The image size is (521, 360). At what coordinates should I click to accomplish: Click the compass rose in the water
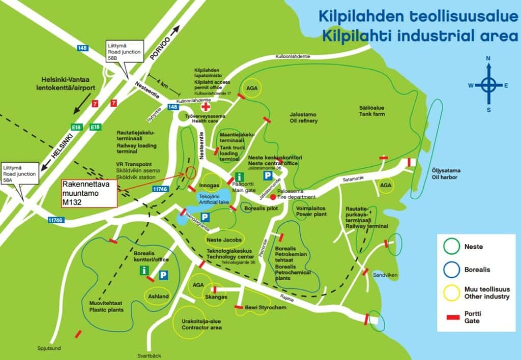[x=488, y=85]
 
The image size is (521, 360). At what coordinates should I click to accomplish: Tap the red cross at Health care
[x=206, y=107]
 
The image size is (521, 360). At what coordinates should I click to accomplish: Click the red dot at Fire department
[x=273, y=197]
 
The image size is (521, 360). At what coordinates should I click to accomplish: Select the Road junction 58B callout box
[x=122, y=52]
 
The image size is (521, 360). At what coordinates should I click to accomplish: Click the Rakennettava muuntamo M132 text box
[x=89, y=193]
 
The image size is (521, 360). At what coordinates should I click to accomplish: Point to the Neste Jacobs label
[x=224, y=239]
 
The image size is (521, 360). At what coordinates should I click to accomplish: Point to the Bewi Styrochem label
[x=265, y=308]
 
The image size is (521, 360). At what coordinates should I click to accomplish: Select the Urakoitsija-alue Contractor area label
[x=202, y=324]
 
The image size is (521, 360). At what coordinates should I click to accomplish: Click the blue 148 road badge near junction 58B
[x=83, y=48]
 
